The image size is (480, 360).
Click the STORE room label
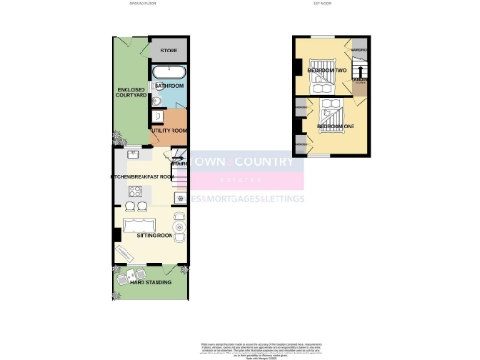pos(170,50)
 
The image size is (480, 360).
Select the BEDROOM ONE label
pos(335,125)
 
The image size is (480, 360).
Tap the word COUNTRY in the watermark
pos(270,161)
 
